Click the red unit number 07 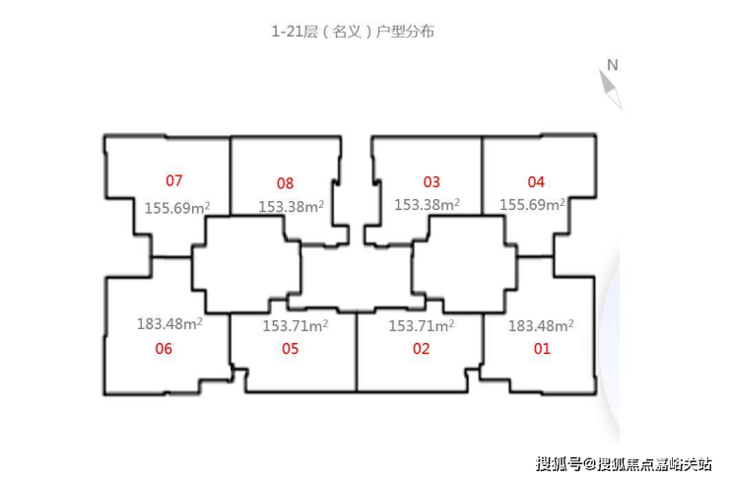[x=174, y=180]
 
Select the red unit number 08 [x=285, y=183]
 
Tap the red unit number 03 [x=431, y=182]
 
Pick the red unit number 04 [x=536, y=182]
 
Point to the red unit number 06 [x=164, y=349]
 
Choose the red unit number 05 [x=290, y=349]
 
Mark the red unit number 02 [x=422, y=349]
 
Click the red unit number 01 [x=542, y=349]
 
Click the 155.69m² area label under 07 [x=177, y=207]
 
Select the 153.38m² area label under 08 [x=291, y=206]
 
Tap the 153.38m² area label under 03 [x=427, y=204]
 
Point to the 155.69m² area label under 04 [x=532, y=204]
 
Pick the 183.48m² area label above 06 [x=169, y=323]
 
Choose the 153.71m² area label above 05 [x=296, y=325]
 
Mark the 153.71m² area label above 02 [x=422, y=325]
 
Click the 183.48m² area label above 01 [x=541, y=325]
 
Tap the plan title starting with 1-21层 [x=353, y=32]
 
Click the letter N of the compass [x=613, y=65]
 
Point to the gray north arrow [x=611, y=91]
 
